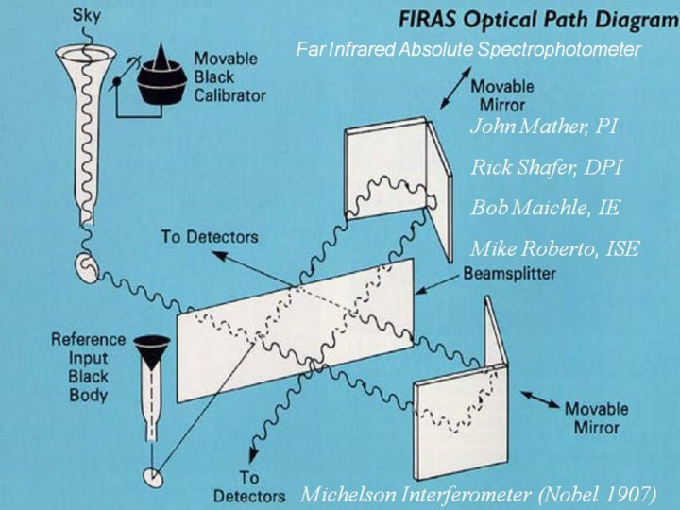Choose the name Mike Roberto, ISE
555,249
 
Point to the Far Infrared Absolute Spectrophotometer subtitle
468,49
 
